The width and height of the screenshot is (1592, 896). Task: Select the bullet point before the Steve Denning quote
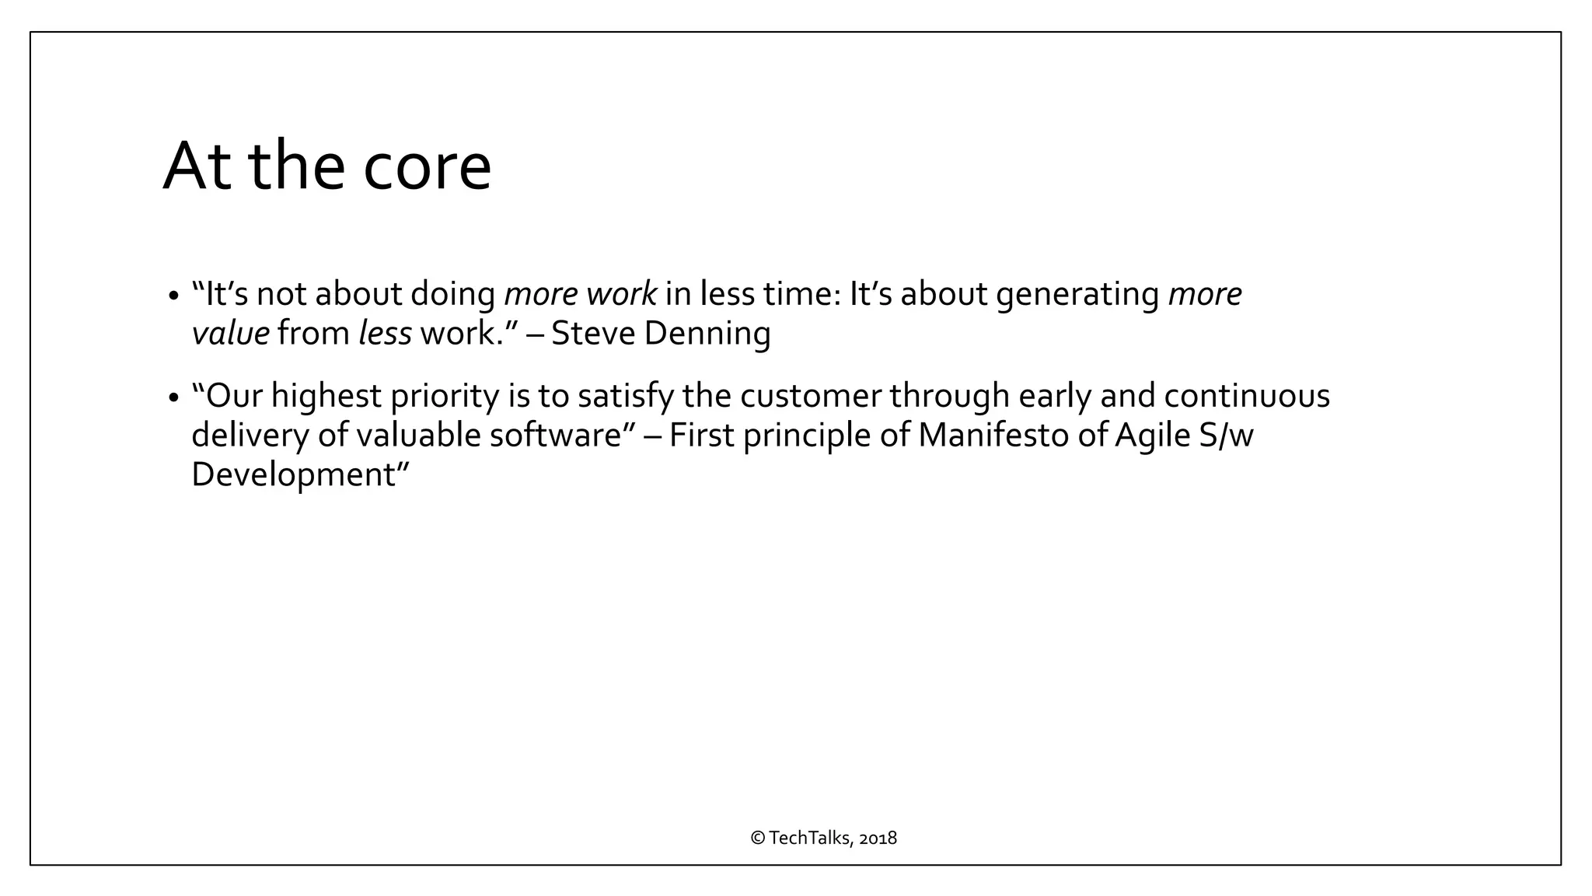point(173,297)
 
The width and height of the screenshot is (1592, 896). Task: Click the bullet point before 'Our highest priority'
point(173,399)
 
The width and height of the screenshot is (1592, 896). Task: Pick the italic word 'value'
point(230,334)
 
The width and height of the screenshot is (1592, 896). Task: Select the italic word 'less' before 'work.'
point(385,333)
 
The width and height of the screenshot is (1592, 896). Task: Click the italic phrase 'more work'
point(581,294)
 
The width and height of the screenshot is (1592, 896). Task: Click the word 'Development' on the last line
point(294,474)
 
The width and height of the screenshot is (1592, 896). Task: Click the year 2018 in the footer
point(878,838)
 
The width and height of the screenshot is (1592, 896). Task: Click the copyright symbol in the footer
point(758,838)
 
